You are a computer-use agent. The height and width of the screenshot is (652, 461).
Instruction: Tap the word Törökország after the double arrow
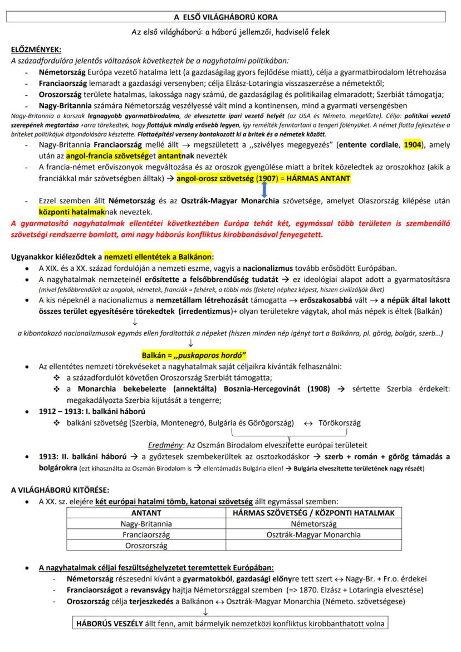pos(339,423)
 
